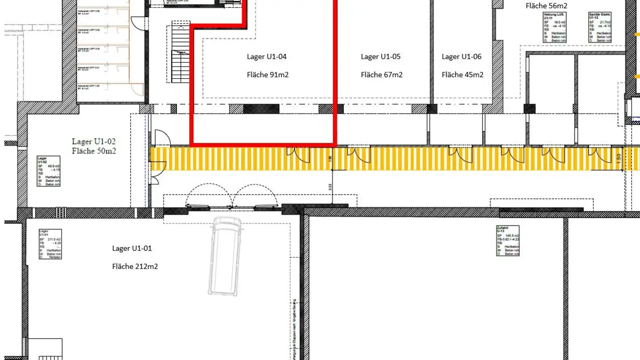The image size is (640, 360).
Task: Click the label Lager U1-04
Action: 267,56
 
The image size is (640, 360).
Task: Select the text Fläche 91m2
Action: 268,75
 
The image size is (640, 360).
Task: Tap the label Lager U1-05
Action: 380,56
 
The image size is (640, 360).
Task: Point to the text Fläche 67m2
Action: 381,75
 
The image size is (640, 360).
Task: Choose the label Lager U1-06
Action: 461,56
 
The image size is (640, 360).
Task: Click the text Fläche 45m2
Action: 462,75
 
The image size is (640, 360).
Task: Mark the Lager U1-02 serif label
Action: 94,141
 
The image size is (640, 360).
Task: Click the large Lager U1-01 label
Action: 132,248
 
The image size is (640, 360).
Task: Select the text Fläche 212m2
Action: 135,266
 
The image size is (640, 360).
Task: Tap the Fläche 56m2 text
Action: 546,6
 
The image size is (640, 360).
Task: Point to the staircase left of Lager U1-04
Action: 180,53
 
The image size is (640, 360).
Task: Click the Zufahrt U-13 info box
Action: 508,240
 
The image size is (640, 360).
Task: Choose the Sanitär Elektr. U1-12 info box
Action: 599,27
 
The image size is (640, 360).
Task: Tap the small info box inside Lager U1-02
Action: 48,171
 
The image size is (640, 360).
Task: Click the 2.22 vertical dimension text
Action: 330,187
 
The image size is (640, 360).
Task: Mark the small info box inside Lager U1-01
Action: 50,244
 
